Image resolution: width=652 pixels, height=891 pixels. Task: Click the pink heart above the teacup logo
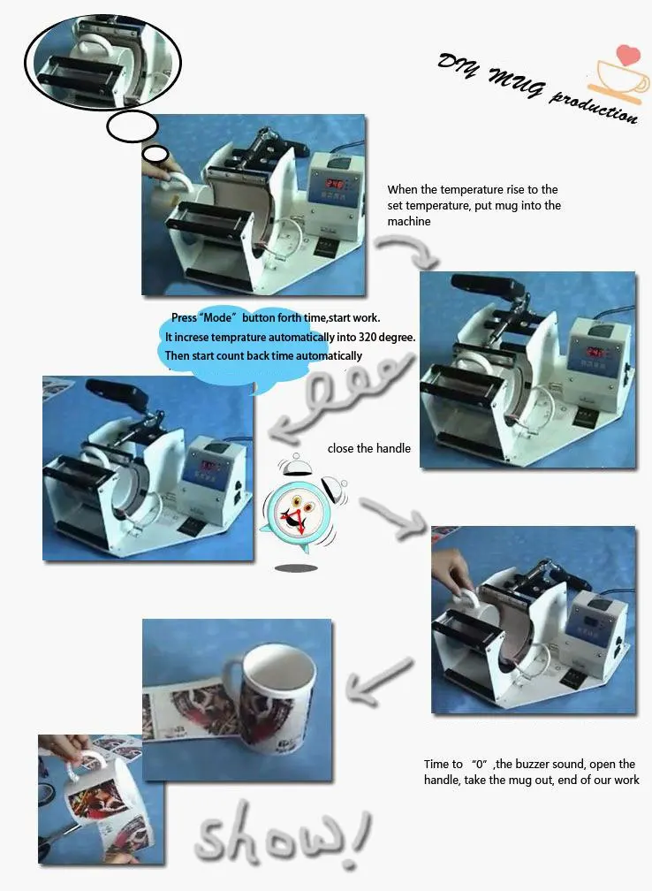point(628,54)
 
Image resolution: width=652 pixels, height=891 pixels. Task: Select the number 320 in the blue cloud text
point(367,337)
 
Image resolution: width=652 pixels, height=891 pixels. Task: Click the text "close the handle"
point(368,448)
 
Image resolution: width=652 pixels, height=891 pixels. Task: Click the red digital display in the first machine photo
point(334,184)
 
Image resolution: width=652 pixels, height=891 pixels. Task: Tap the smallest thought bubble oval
point(155,154)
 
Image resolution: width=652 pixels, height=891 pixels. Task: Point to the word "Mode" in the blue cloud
point(217,317)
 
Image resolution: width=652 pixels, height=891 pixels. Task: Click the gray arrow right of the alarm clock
point(393,516)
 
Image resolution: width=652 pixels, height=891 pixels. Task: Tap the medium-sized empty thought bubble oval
point(133,126)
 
